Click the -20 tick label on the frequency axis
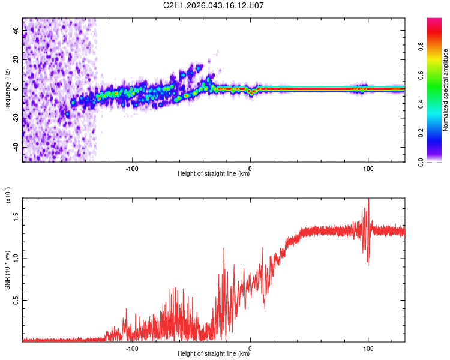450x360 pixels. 17,118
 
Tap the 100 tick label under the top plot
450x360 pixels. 367,167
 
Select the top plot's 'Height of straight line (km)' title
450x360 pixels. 214,174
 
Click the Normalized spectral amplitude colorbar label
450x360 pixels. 446,90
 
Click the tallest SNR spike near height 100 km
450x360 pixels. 368,200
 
